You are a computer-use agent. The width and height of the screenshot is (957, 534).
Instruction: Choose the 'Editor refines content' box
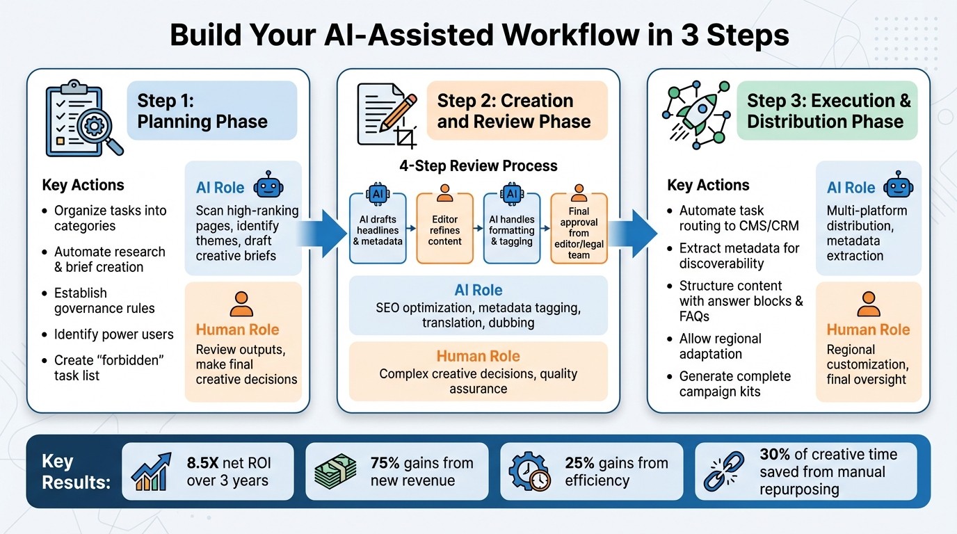pyautogui.click(x=445, y=229)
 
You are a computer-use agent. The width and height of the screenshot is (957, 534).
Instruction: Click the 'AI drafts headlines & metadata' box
pyautogui.click(x=378, y=229)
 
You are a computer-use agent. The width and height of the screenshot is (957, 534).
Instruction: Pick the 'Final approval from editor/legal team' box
pyautogui.click(x=579, y=229)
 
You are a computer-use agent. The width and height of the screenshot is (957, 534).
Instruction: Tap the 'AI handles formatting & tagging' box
pyautogui.click(x=512, y=229)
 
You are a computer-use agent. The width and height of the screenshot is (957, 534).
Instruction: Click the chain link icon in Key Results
pyautogui.click(x=723, y=471)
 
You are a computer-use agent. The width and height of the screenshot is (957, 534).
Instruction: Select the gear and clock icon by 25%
pyautogui.click(x=530, y=471)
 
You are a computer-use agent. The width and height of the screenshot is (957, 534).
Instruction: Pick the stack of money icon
pyautogui.click(x=335, y=471)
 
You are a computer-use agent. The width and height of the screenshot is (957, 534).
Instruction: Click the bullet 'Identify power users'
pyautogui.click(x=114, y=334)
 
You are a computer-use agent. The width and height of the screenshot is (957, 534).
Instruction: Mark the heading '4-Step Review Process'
pyautogui.click(x=478, y=165)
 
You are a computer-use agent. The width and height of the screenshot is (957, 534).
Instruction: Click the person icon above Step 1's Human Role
pyautogui.click(x=241, y=305)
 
